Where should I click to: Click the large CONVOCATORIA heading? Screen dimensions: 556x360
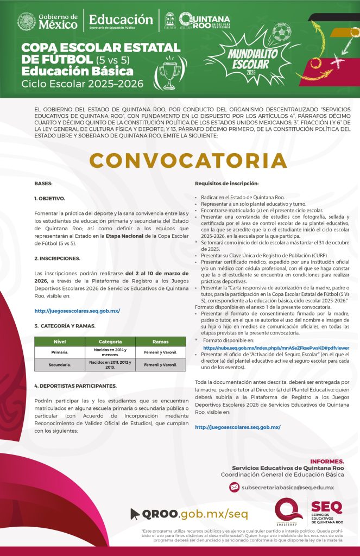(x=188, y=160)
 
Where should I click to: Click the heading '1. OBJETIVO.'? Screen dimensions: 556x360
(x=49, y=199)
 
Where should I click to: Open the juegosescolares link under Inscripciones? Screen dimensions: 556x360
(x=77, y=311)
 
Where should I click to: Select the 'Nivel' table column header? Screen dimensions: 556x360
(x=60, y=342)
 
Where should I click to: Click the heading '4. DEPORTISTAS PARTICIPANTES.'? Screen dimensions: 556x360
(x=75, y=386)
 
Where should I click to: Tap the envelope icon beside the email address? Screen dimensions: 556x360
(x=234, y=487)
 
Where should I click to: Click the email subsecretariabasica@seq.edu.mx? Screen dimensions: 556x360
(x=288, y=488)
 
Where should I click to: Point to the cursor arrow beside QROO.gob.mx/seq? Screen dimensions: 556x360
(x=135, y=513)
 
